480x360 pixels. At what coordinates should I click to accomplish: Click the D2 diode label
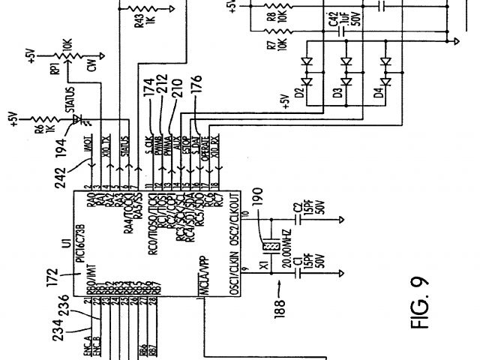pyautogui.click(x=299, y=94)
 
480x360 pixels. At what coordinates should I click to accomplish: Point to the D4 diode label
pyautogui.click(x=379, y=94)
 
